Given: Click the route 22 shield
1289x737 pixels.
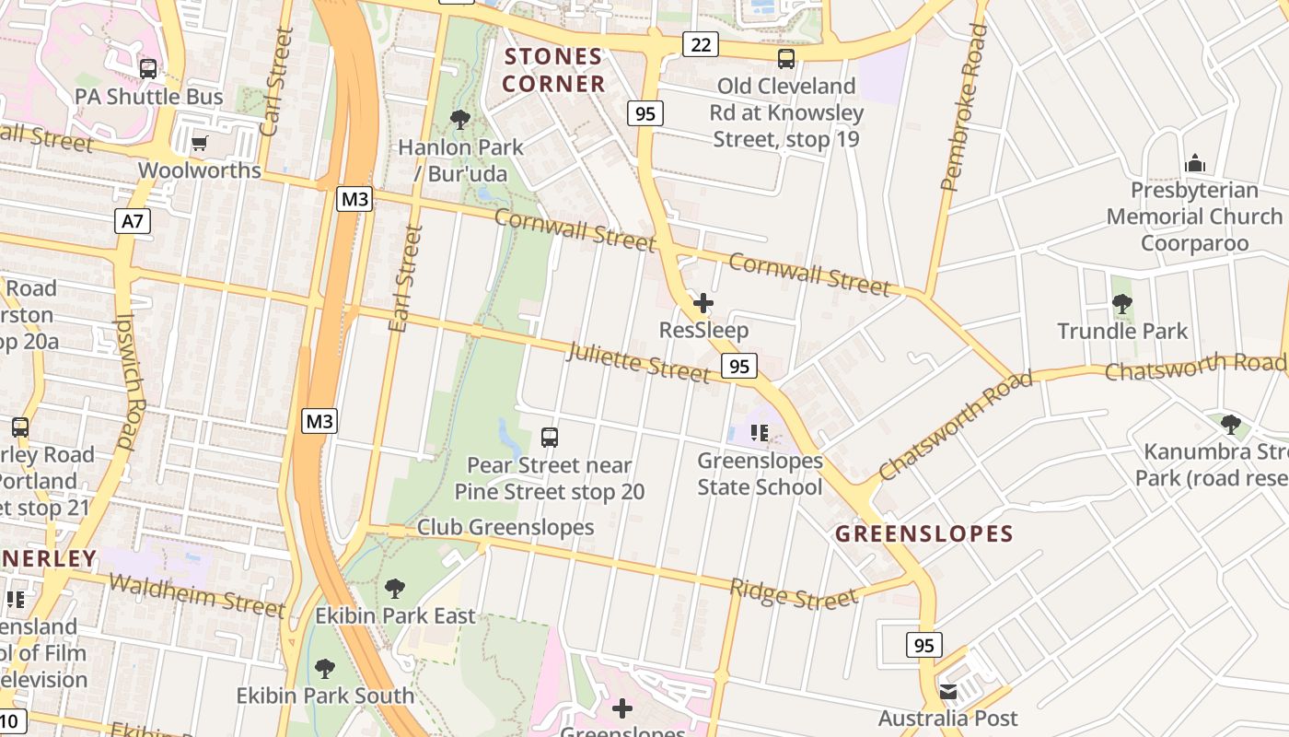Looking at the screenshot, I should pyautogui.click(x=701, y=44).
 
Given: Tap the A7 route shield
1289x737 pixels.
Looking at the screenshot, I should pyautogui.click(x=133, y=221).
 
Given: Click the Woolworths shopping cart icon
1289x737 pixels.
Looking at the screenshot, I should pyautogui.click(x=200, y=143).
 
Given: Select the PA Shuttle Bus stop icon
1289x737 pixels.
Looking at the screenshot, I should pyautogui.click(x=147, y=69).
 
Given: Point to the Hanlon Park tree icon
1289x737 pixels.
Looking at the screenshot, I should pyautogui.click(x=459, y=119).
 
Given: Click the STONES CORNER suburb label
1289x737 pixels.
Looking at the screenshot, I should pyautogui.click(x=553, y=70).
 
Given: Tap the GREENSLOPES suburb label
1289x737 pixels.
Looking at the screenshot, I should pyautogui.click(x=923, y=533).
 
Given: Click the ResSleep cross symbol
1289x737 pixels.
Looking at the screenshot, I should pyautogui.click(x=703, y=302).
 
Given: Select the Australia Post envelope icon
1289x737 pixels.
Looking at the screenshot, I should pyautogui.click(x=947, y=691).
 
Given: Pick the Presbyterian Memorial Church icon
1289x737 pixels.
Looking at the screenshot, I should pyautogui.click(x=1195, y=163).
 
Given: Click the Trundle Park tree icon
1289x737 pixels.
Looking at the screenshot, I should pyautogui.click(x=1121, y=303).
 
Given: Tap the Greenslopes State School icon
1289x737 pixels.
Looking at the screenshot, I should pyautogui.click(x=760, y=432).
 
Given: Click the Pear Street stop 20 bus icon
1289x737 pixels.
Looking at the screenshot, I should pyautogui.click(x=550, y=438).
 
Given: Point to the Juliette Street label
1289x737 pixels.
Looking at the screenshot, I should pyautogui.click(x=639, y=362).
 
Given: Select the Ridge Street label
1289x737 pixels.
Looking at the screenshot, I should pyautogui.click(x=794, y=595).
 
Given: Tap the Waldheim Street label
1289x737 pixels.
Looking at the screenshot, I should pyautogui.click(x=197, y=594).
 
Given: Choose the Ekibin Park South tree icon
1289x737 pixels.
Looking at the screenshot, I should pyautogui.click(x=324, y=668).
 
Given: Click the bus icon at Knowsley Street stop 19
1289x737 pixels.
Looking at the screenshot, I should pyautogui.click(x=785, y=59).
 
